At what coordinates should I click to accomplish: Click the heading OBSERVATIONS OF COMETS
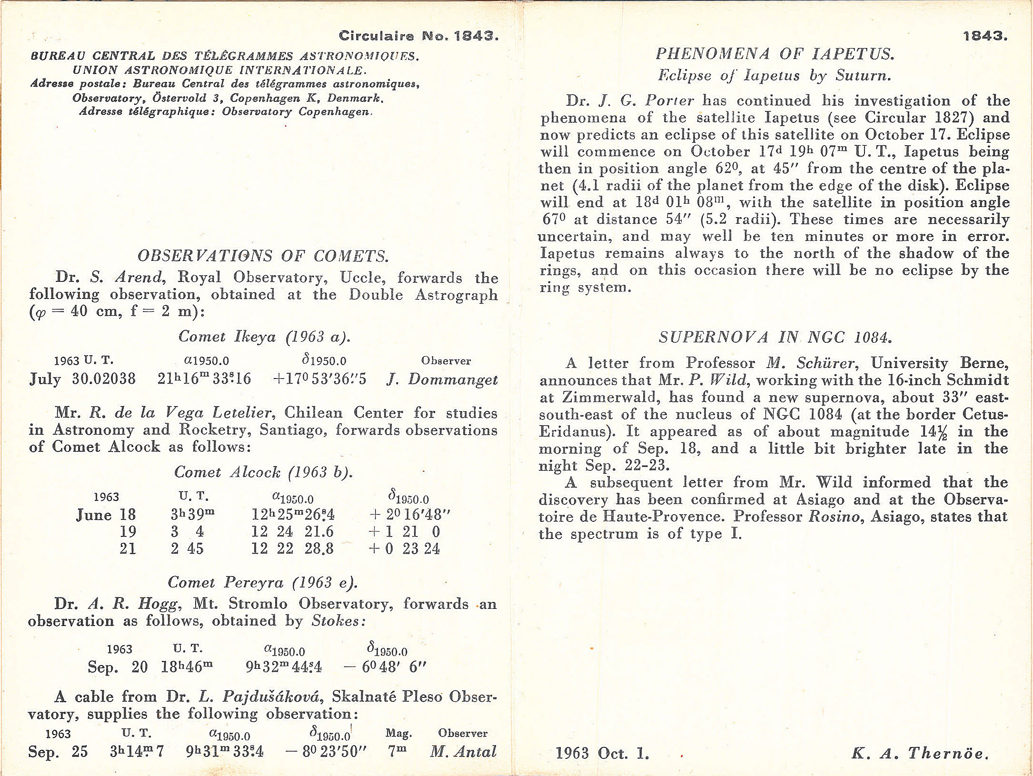pos(263,256)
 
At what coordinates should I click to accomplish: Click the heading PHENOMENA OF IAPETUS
pos(775,54)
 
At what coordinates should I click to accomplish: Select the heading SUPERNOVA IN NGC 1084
pos(775,338)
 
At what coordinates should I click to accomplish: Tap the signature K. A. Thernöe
pos(920,753)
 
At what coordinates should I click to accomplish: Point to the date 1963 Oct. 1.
pos(602,753)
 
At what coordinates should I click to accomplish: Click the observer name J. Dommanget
pos(442,379)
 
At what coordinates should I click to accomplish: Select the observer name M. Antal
pos(463,752)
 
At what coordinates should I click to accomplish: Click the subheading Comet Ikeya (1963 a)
pos(264,337)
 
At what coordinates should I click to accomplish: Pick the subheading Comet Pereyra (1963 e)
pos(262,582)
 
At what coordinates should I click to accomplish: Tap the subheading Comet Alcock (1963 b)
pos(263,472)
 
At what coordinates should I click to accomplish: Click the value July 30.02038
pos(82,379)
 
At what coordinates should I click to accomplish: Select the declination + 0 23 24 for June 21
pos(404,549)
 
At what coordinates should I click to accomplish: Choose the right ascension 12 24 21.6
pos(292,532)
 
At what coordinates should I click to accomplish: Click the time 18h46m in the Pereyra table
pos(187,667)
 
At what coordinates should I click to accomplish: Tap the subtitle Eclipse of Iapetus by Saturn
pos(774,76)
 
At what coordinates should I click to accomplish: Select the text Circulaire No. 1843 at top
pos(418,36)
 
